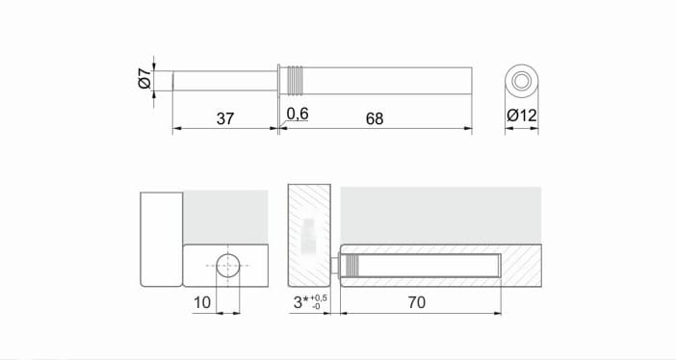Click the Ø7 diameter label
click(x=145, y=78)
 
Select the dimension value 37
click(x=225, y=118)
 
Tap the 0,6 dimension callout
click(x=298, y=114)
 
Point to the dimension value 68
click(x=375, y=118)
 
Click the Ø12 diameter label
click(x=522, y=116)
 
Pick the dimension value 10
click(x=202, y=302)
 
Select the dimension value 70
click(x=416, y=302)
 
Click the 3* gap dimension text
click(x=300, y=302)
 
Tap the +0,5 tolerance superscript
click(x=318, y=298)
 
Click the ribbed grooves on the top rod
click(x=296, y=81)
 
